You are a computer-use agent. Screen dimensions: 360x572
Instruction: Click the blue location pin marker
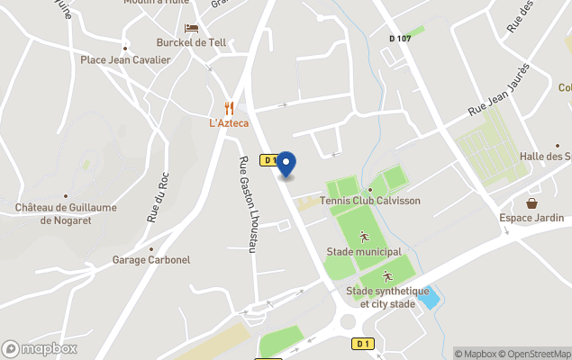point(286,164)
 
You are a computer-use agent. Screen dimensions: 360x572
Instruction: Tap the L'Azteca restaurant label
point(229,122)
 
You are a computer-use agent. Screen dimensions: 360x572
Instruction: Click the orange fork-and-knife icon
point(229,107)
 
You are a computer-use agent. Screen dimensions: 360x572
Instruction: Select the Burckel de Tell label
point(192,42)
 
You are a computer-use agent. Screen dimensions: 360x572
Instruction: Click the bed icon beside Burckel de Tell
point(191,28)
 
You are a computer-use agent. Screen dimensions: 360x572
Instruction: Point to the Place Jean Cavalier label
point(125,60)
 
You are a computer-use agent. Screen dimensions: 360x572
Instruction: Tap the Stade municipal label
point(363,252)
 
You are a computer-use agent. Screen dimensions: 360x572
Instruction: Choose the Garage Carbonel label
point(151,260)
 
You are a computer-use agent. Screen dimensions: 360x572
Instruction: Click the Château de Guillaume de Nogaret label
point(65,214)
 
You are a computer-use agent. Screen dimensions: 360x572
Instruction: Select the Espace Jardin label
point(531,218)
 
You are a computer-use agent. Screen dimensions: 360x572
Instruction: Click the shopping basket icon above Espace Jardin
point(532,202)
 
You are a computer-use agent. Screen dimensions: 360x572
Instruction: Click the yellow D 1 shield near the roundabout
point(362,343)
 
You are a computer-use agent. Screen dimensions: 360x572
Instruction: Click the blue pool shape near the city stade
point(429,297)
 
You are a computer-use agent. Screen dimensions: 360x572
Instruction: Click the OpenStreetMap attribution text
point(537,354)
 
